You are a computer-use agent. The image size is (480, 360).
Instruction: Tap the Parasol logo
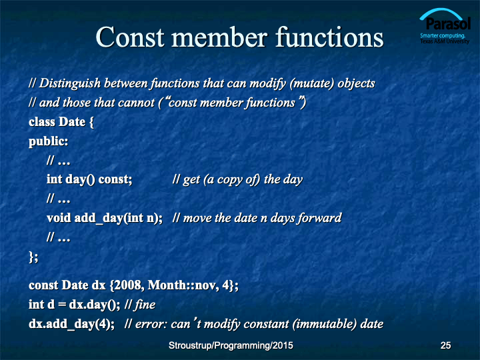tap(445, 26)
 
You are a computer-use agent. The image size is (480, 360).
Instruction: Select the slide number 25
tap(445, 345)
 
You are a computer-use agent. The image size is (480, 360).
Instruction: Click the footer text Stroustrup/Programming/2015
tap(231, 345)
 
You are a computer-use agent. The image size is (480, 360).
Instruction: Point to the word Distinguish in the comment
tap(70, 83)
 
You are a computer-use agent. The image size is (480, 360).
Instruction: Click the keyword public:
tap(49, 142)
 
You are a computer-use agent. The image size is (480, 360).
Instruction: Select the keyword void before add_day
tap(59, 218)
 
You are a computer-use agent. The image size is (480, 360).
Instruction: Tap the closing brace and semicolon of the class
tap(33, 257)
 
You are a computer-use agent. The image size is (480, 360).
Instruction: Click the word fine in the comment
tap(145, 305)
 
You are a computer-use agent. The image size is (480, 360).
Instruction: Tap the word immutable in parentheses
tap(325, 324)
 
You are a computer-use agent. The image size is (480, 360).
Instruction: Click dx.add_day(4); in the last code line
tap(71, 324)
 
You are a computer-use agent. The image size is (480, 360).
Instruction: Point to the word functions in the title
tap(329, 37)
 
